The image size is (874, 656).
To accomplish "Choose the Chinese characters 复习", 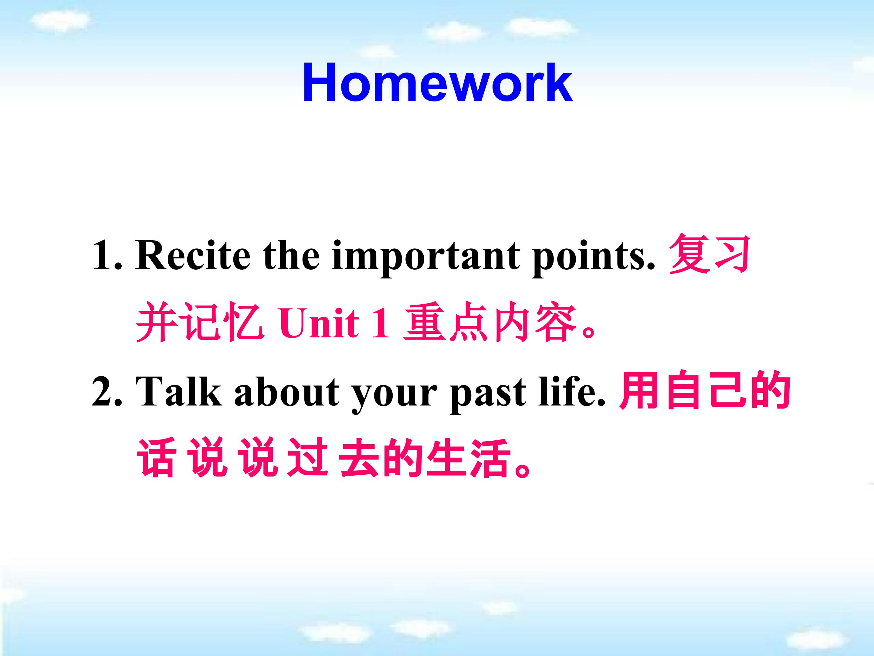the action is (x=710, y=254).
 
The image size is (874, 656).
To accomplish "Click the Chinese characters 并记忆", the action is (x=200, y=322).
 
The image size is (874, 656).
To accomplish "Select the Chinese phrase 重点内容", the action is (x=490, y=322).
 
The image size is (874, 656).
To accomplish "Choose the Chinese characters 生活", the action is (x=469, y=458).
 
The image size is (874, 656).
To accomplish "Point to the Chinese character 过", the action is (x=308, y=458).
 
